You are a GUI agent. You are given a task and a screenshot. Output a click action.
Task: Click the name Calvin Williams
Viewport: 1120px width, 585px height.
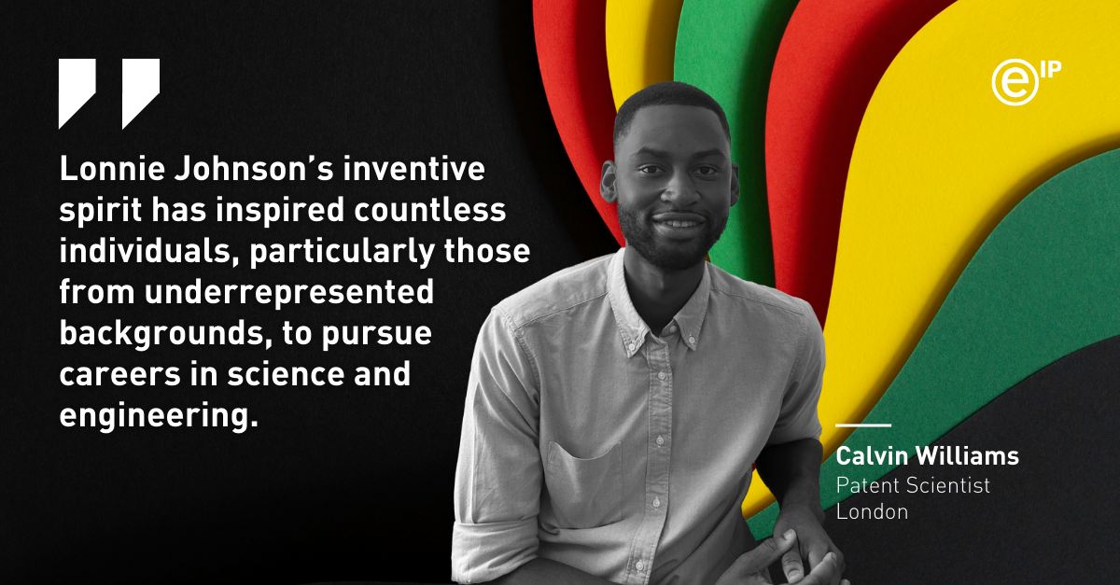(927, 457)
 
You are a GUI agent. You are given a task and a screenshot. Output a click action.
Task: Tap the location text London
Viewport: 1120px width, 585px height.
(872, 511)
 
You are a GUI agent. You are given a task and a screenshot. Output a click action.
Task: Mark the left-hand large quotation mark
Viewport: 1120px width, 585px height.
(77, 91)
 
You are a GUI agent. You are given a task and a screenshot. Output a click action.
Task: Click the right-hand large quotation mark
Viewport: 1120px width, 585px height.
(141, 91)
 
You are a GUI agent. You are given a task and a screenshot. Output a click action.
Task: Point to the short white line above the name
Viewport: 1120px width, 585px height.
(862, 426)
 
